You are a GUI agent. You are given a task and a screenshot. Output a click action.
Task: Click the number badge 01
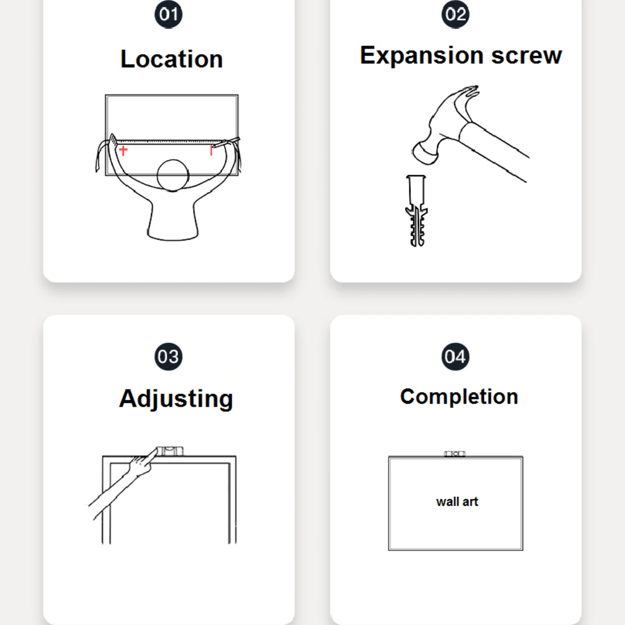[168, 14]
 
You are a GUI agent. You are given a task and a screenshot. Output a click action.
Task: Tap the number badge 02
[455, 14]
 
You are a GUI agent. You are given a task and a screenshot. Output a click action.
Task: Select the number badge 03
[168, 357]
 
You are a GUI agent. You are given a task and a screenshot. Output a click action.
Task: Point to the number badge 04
[455, 357]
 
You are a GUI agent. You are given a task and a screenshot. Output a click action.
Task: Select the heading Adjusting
[176, 399]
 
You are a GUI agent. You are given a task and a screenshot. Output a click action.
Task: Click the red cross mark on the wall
[123, 151]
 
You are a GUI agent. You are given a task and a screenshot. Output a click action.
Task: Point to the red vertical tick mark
[211, 151]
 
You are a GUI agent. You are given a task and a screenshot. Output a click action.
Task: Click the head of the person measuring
[173, 175]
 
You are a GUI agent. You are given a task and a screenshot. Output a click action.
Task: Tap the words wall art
[457, 502]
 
